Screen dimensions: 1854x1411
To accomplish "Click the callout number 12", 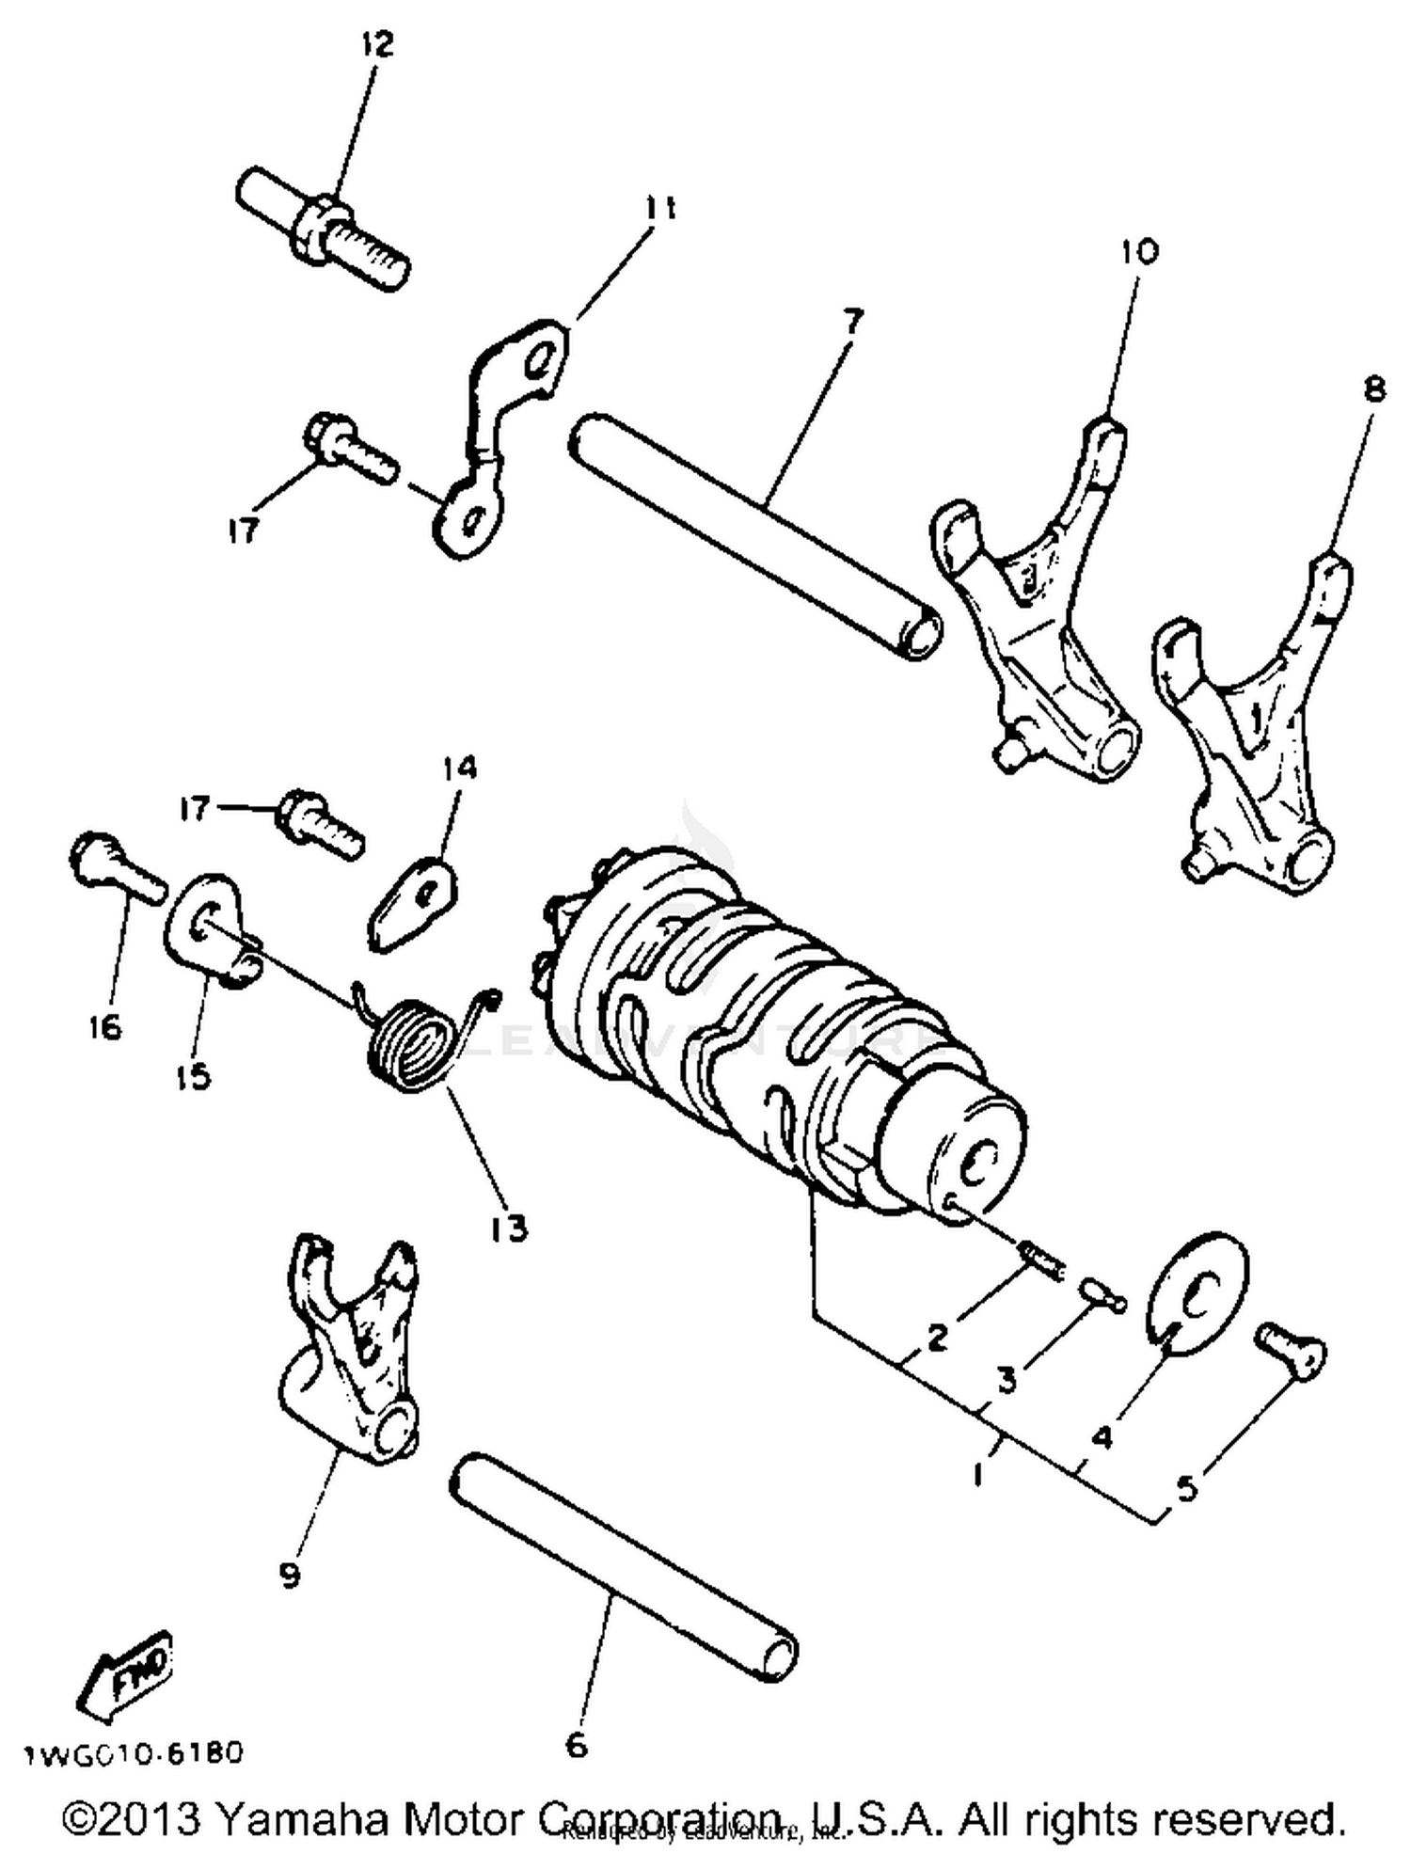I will point(377,44).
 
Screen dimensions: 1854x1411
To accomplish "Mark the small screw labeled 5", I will point(1292,1351).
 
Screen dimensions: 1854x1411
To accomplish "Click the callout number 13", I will point(508,1228).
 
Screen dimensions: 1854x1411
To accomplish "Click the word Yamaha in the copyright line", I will point(301,1820).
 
